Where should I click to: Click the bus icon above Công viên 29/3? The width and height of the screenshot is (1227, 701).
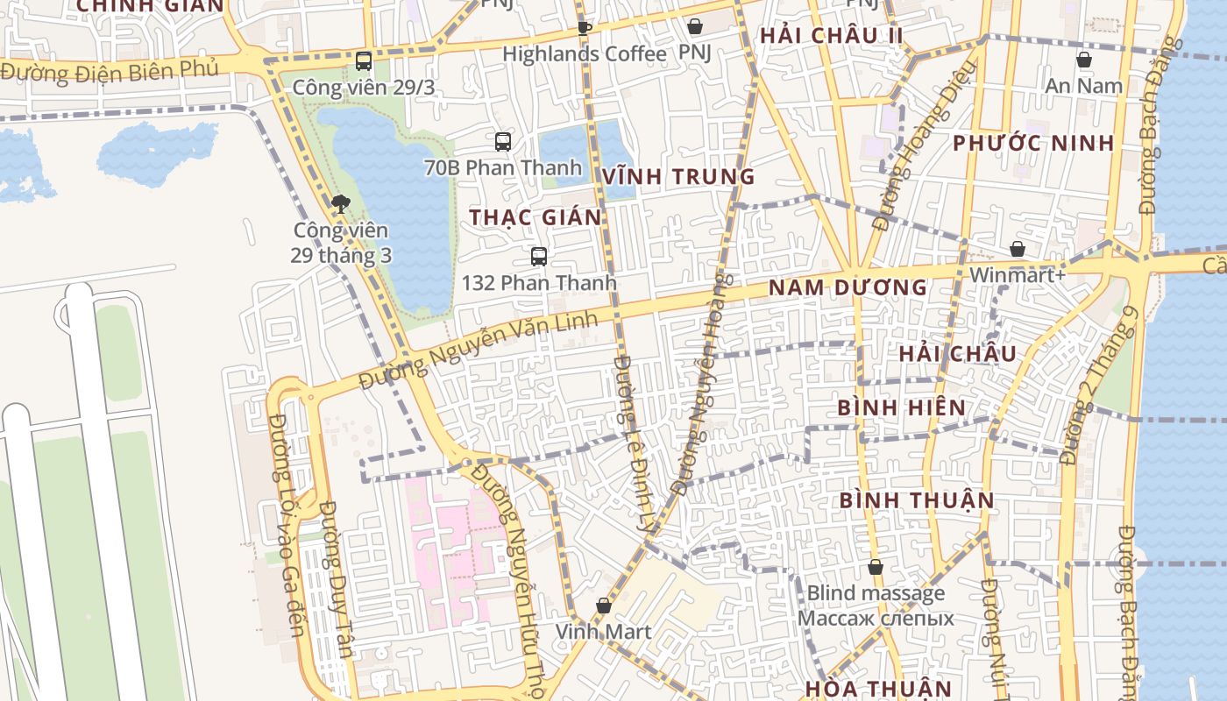click(x=364, y=61)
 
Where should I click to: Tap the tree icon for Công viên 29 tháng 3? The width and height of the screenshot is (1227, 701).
click(x=341, y=204)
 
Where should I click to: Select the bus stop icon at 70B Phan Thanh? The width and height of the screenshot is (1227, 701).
click(x=503, y=141)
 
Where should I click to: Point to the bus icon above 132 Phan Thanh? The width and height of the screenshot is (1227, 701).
click(x=539, y=257)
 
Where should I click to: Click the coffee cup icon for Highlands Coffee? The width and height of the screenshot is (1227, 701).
click(x=585, y=28)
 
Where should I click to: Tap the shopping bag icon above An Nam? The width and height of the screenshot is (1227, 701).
click(x=1084, y=60)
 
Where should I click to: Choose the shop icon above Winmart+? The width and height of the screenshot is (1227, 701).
click(x=1018, y=249)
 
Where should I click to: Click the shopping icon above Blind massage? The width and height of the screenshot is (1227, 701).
click(x=875, y=567)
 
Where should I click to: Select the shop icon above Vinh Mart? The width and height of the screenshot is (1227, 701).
click(x=604, y=605)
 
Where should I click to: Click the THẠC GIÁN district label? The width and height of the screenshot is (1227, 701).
click(x=535, y=217)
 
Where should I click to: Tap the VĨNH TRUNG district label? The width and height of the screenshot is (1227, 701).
click(x=678, y=176)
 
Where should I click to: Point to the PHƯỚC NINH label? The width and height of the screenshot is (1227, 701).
click(x=1033, y=143)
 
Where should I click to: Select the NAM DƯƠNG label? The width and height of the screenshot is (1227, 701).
click(x=848, y=287)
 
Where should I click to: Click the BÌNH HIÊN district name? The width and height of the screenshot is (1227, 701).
click(x=901, y=407)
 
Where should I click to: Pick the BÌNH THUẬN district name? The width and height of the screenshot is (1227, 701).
click(x=917, y=500)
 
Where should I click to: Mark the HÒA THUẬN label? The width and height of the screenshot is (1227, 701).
click(x=877, y=688)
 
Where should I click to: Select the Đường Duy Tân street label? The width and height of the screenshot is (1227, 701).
click(x=336, y=578)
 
